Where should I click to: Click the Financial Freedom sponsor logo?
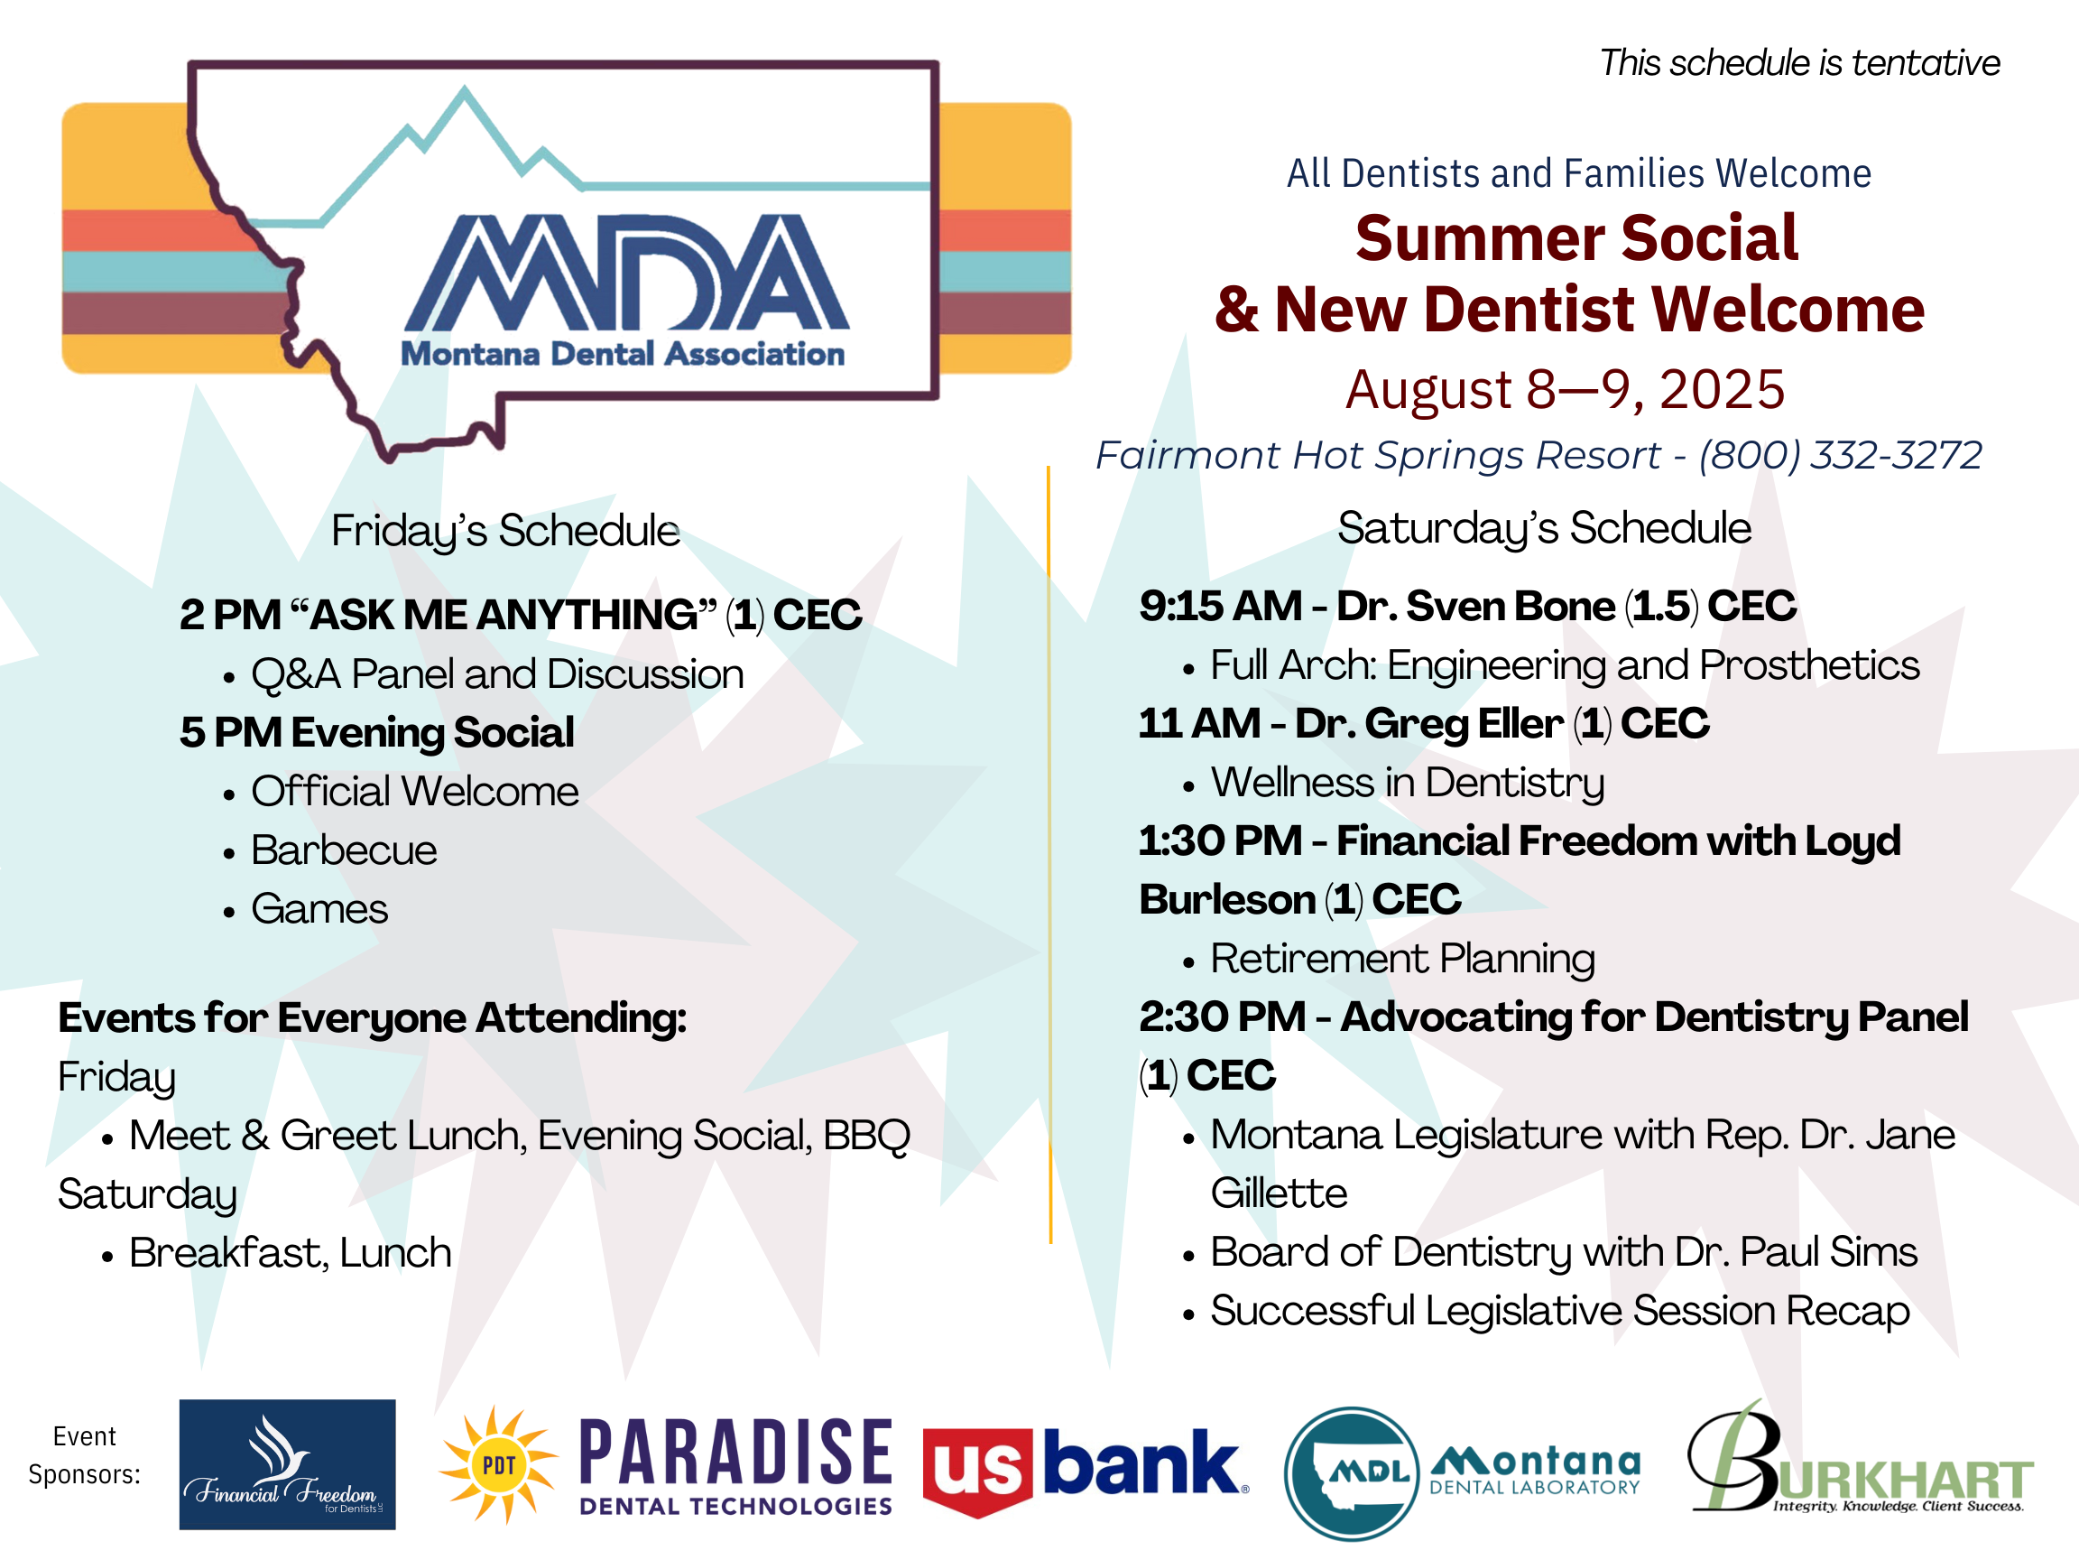287,1463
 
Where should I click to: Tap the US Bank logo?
1086,1468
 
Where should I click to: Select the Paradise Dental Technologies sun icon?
498,1464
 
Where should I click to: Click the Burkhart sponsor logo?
1859,1456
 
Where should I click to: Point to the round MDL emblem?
1352,1472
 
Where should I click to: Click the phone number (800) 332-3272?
1840,455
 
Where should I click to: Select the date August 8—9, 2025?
1565,388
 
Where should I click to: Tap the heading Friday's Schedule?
505,531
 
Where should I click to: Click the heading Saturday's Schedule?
1544,528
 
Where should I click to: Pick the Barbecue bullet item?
344,850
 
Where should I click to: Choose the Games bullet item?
319,908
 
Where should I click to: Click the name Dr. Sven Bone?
1475,606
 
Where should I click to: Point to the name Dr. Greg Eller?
1428,723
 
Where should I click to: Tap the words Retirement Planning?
1402,959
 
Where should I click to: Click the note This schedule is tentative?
1800,63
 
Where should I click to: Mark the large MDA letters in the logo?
627,272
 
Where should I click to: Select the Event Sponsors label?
85,1454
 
